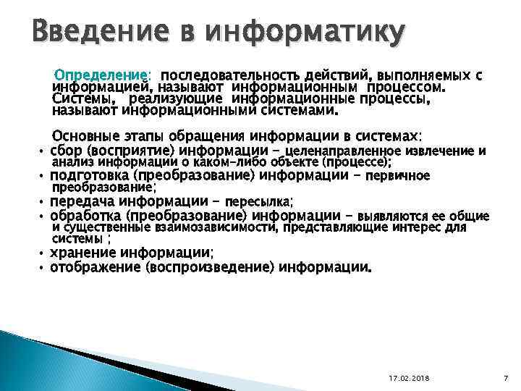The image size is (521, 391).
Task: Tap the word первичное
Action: tap(398, 176)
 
